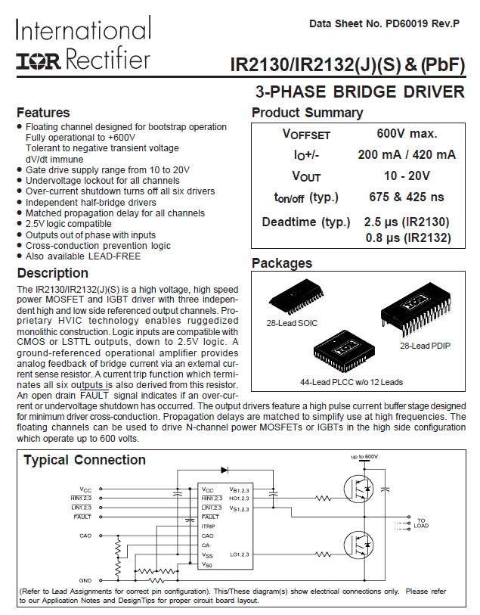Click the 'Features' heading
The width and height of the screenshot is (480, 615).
[43, 113]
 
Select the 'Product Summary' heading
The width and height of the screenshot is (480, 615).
[307, 113]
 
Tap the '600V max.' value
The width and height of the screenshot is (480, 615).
[407, 134]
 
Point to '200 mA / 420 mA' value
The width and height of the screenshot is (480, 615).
[407, 155]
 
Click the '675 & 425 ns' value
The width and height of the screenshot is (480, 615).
[407, 197]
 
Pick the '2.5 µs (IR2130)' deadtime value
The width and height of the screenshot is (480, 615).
[407, 222]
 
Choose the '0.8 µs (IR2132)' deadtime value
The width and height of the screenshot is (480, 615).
[407, 238]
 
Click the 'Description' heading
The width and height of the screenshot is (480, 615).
[52, 273]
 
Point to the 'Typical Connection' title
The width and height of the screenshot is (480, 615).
[85, 460]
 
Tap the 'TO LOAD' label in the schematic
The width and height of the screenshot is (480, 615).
[421, 523]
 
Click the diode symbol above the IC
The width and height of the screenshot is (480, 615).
[224, 470]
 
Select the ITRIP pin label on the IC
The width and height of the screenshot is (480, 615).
[209, 525]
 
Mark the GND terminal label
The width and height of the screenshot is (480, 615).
[85, 580]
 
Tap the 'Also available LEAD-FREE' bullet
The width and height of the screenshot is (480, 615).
[83, 256]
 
